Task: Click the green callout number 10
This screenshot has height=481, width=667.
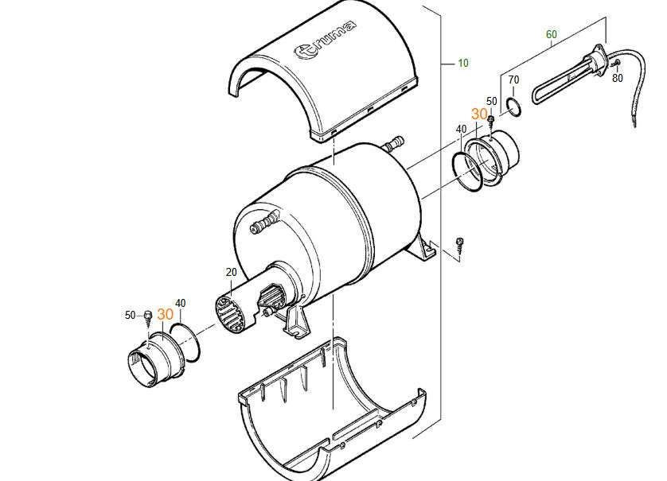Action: point(462,64)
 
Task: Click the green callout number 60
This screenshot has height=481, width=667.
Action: point(552,34)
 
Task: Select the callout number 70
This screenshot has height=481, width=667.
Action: point(514,80)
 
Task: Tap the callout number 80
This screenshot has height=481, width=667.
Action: point(617,78)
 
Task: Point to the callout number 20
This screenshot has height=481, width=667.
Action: point(231,273)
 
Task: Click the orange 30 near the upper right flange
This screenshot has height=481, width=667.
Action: point(479,114)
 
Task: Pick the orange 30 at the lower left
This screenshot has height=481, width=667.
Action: point(165,314)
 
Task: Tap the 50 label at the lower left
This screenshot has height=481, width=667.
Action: point(131,316)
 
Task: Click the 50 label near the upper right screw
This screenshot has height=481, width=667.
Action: point(492,102)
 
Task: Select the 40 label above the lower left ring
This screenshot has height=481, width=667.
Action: point(181,304)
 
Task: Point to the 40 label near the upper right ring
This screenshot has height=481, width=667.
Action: point(461,129)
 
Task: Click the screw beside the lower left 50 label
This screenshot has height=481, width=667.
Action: point(148,318)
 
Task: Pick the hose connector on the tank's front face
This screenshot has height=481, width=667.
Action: point(264,221)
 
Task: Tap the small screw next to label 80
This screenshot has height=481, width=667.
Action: point(616,64)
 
